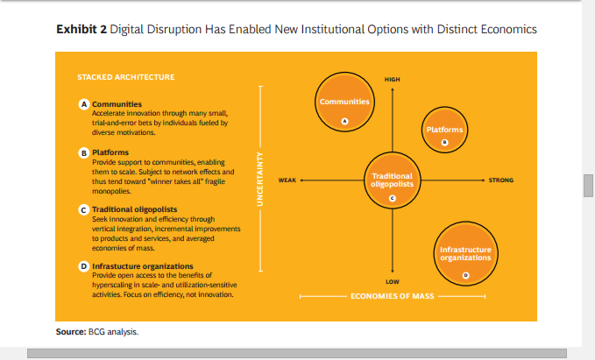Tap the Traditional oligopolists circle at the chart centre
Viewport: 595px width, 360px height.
point(392,180)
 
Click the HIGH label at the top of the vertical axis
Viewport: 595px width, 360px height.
point(392,80)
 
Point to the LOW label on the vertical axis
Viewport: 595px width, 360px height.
point(392,281)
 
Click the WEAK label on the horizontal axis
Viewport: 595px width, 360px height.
point(286,180)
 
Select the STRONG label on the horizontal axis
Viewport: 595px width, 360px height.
point(500,180)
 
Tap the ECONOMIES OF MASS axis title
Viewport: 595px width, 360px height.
point(392,296)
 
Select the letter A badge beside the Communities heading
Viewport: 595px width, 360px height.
point(84,103)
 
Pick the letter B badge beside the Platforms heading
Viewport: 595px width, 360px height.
point(84,152)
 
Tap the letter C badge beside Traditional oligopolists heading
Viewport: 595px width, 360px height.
point(84,210)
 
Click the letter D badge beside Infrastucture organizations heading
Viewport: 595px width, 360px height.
point(84,265)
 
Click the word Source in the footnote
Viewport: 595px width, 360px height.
point(70,332)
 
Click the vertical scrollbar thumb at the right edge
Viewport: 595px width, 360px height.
point(589,186)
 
